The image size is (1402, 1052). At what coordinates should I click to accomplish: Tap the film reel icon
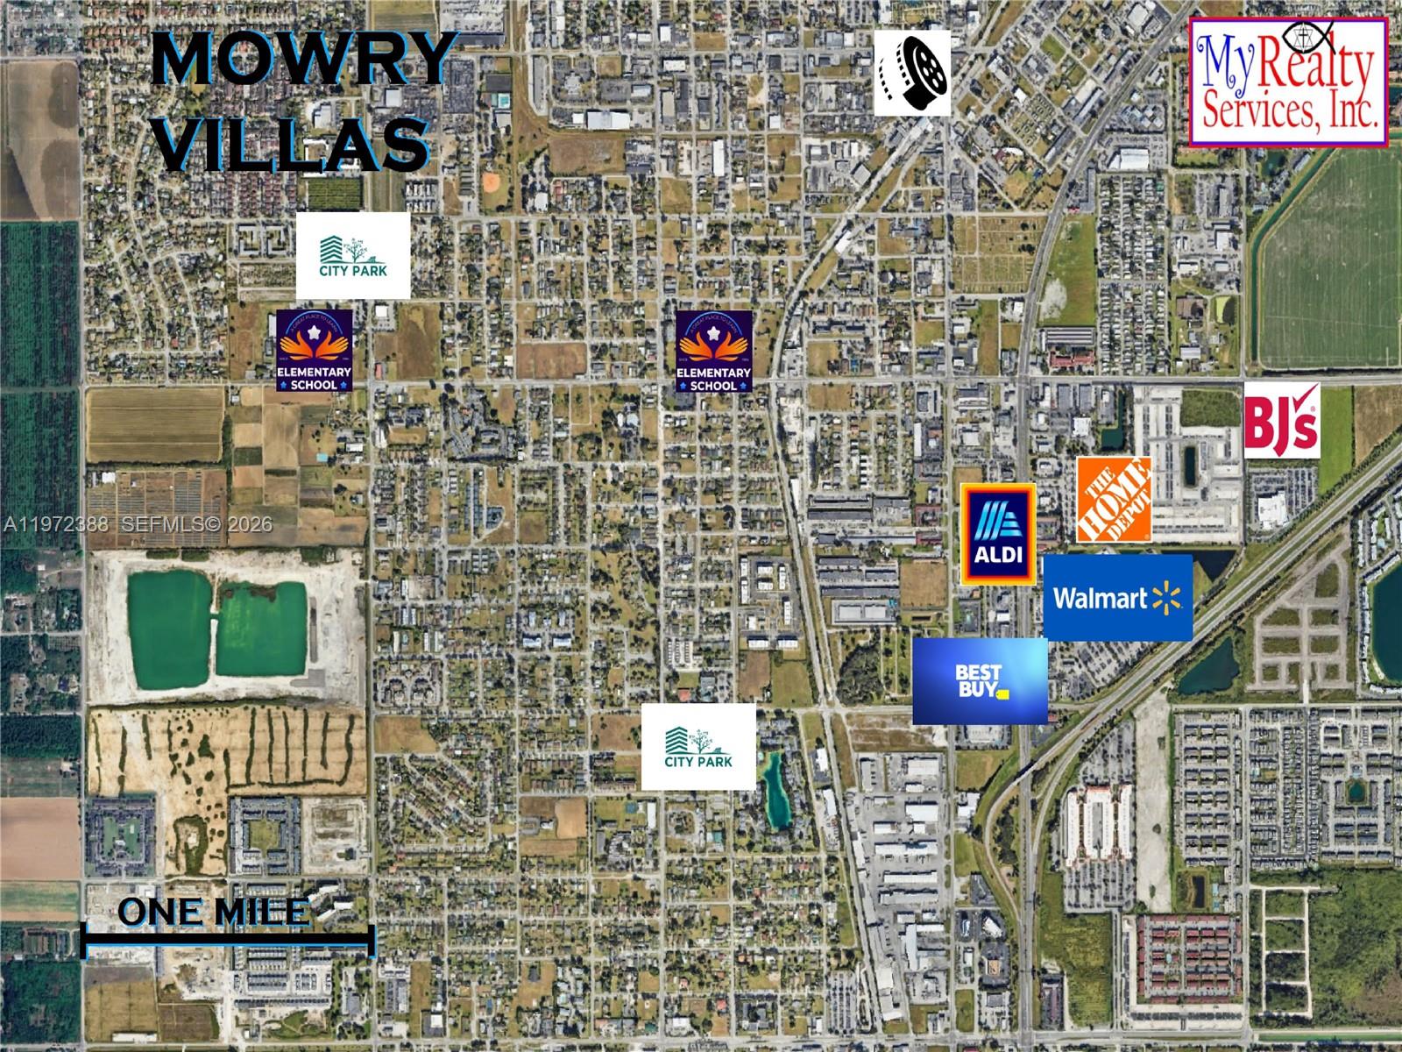pos(912,73)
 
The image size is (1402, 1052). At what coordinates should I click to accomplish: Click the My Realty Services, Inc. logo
pos(1288,82)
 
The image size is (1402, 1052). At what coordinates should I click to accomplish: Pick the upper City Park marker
pos(353,255)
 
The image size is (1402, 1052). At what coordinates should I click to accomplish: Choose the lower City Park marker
pos(698,746)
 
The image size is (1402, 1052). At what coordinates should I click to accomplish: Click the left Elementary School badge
pos(315,350)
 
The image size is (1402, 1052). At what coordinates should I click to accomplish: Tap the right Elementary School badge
pos(714,351)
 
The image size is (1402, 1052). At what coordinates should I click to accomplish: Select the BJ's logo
pos(1281,420)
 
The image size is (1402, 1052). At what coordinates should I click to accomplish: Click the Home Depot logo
pos(1114,499)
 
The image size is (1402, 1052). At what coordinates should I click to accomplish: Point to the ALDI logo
pos(998,533)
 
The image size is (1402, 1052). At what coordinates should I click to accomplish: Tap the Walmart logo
pos(1117,597)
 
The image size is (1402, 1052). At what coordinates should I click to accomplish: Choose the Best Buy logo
pos(980,681)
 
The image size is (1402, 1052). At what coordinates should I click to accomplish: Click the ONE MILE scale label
pos(213,912)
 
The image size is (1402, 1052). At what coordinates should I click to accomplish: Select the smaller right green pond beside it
pos(261,628)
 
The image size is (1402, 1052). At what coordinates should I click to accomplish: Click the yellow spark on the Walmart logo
pos(1166,598)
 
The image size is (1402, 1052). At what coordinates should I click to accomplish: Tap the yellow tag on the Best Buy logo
pos(1003,693)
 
